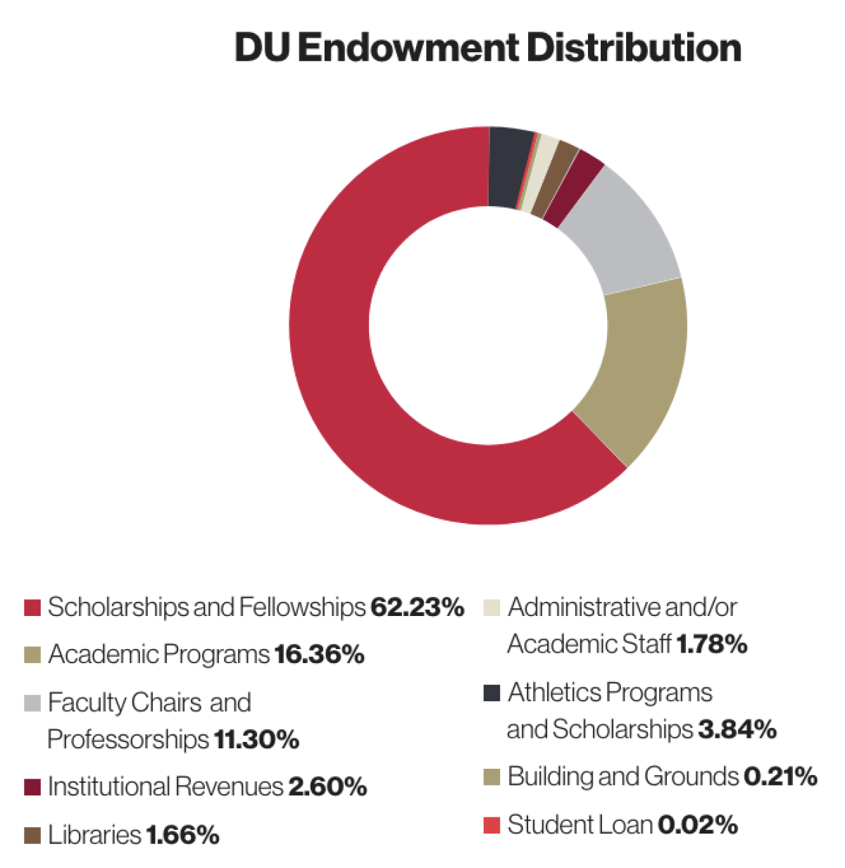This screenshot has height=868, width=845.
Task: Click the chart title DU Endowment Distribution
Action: coord(487,48)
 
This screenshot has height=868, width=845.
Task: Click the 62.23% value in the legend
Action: coord(417,607)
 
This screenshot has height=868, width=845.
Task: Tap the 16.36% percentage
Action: coord(319,655)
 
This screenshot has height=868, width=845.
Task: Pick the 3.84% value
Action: coord(737,729)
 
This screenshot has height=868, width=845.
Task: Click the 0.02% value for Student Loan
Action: coord(697,824)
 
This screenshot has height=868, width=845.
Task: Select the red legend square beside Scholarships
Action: coord(32,608)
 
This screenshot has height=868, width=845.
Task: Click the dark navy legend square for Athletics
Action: coord(492,693)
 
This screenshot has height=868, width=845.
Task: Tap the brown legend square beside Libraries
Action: coord(32,836)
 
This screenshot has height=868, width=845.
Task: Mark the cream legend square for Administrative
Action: coord(492,608)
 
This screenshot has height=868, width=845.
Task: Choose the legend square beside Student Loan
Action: coord(492,824)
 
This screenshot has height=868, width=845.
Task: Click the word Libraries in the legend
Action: coord(94,835)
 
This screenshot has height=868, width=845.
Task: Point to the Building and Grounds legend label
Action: coord(622,776)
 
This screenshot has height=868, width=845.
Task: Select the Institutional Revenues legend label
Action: coord(165,786)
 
